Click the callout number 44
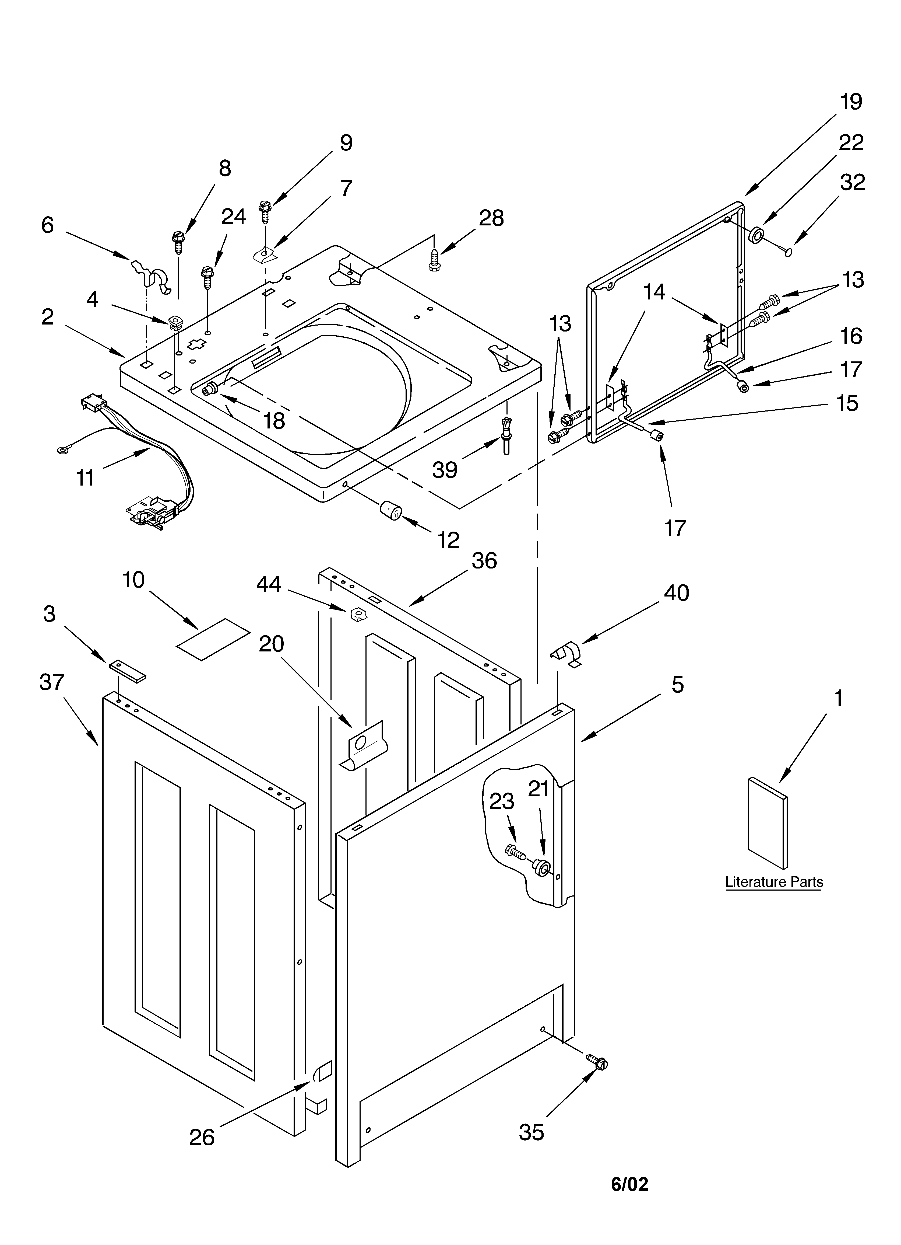pos(269,584)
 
